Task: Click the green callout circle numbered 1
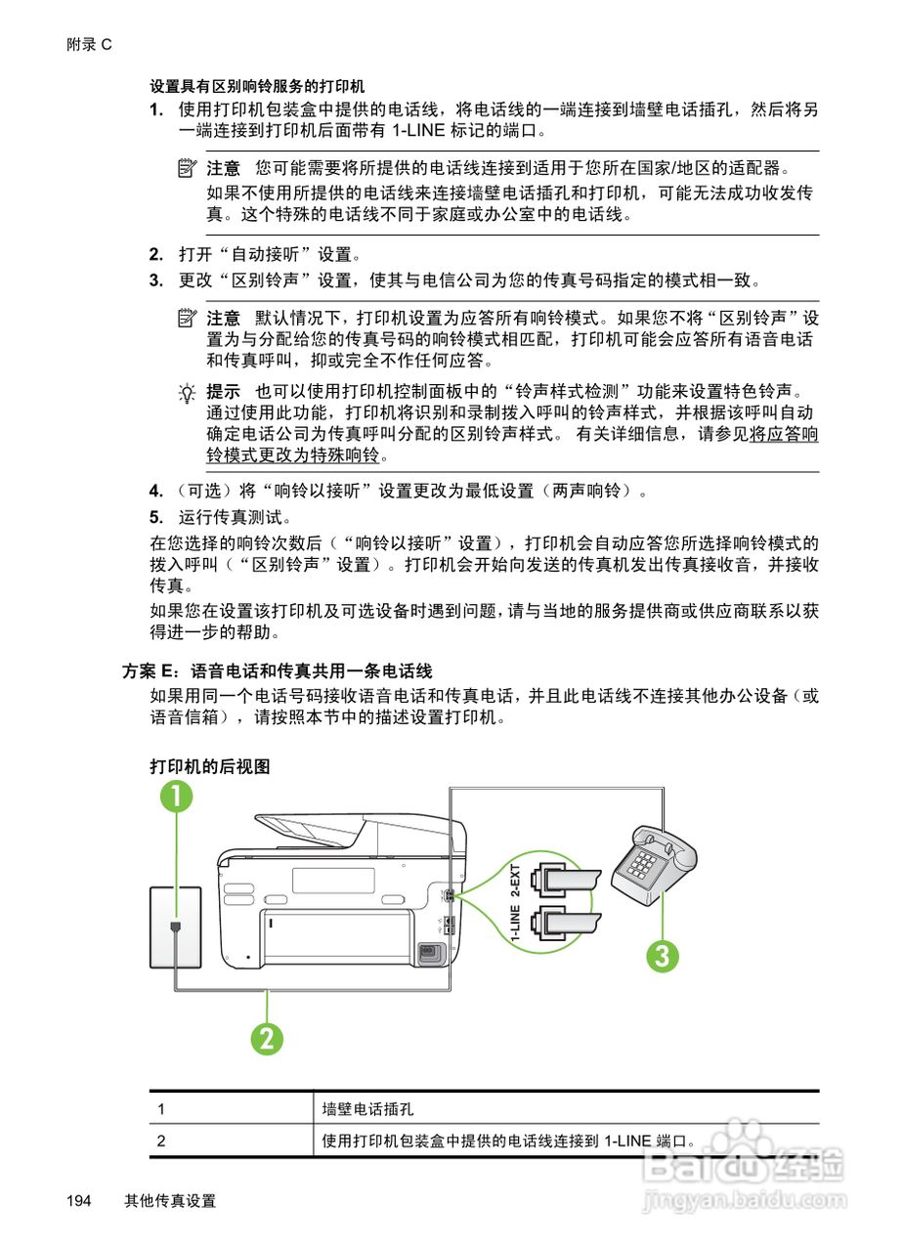[x=177, y=798]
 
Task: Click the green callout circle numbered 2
[x=266, y=1038]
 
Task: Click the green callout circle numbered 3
[x=662, y=955]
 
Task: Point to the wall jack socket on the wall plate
[x=175, y=926]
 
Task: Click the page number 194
[x=80, y=1201]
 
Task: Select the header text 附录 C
[x=90, y=45]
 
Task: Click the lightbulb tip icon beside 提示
[x=186, y=392]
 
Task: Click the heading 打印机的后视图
[x=209, y=766]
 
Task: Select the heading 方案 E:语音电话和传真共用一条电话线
[x=277, y=671]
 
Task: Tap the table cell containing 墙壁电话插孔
[x=368, y=1109]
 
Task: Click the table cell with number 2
[x=161, y=1141]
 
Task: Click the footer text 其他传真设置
[x=170, y=1201]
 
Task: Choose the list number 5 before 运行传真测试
[x=155, y=516]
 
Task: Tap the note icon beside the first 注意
[x=186, y=168]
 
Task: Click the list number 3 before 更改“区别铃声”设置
[x=155, y=281]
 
